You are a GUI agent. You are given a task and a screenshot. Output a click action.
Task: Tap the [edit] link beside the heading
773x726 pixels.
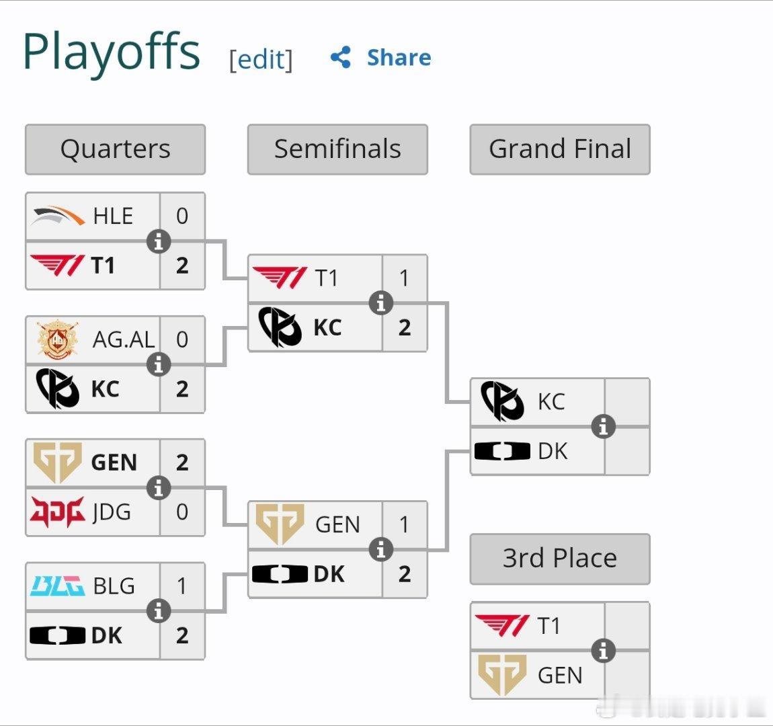[261, 60]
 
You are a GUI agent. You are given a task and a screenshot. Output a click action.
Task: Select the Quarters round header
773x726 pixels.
[116, 149]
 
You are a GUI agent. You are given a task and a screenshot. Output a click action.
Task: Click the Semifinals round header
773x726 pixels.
[337, 149]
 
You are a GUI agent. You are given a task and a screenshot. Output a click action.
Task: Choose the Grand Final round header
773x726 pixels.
[560, 149]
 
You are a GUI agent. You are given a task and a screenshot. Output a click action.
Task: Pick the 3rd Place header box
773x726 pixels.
[560, 559]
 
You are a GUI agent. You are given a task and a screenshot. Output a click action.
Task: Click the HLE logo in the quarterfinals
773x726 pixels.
[58, 216]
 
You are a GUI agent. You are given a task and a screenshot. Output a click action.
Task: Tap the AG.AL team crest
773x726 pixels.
[57, 339]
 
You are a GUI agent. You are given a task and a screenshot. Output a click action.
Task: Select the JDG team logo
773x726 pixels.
[58, 512]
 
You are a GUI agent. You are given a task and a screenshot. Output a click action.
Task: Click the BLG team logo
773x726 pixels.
[57, 586]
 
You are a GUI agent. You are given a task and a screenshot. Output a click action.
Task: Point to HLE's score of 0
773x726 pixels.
[182, 216]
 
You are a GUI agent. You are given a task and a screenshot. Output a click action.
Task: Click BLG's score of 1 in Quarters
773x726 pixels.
[182, 586]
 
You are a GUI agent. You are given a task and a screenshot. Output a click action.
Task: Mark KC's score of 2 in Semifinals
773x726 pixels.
[405, 327]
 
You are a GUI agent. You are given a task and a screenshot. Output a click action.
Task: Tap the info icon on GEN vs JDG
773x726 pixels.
[159, 488]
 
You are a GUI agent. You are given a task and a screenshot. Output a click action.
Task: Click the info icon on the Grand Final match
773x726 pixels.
[604, 426]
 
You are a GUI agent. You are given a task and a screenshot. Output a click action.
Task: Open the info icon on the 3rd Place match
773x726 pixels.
[604, 650]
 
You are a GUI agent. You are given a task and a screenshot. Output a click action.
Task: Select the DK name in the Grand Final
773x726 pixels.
[553, 451]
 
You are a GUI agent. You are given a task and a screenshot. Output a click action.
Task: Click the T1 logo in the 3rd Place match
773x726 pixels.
[502, 625]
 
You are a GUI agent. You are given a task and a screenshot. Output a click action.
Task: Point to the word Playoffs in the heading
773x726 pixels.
[112, 52]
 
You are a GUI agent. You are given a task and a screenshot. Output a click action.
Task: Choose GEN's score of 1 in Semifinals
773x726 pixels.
[405, 524]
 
